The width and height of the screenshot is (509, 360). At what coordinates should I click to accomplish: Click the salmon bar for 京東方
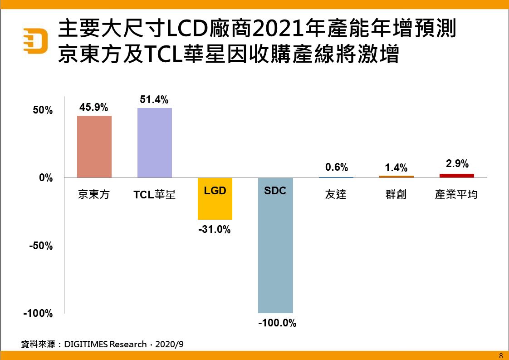pos(94,147)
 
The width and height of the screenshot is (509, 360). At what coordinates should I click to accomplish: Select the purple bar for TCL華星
pos(155,143)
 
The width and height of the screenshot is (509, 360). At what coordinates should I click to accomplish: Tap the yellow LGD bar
pos(215,199)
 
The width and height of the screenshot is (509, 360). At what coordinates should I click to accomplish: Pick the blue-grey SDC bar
pos(275,245)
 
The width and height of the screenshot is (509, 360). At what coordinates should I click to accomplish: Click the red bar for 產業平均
pos(457,176)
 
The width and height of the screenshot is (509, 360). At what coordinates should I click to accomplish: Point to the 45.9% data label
pos(94,108)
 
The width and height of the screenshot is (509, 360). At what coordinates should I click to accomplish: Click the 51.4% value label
pos(154,99)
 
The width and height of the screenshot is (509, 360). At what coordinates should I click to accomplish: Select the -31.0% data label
pos(215,230)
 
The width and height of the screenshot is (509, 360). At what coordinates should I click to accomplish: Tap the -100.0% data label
pos(277,324)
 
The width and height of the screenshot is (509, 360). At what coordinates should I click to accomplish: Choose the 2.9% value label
pos(457,164)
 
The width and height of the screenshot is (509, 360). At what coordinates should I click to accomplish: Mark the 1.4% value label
pos(396,168)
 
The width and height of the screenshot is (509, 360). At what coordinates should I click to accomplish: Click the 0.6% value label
pos(337,167)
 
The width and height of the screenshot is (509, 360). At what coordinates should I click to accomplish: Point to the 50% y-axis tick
pos(43,111)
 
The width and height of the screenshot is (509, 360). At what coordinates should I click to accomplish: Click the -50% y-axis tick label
pos(41,246)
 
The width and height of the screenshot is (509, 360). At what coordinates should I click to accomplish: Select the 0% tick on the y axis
pos(46,178)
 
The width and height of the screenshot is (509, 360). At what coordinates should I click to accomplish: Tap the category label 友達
pos(336,194)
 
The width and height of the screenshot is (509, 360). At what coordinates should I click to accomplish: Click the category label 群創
pos(396,194)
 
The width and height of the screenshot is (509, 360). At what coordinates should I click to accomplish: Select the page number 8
pos(501,355)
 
